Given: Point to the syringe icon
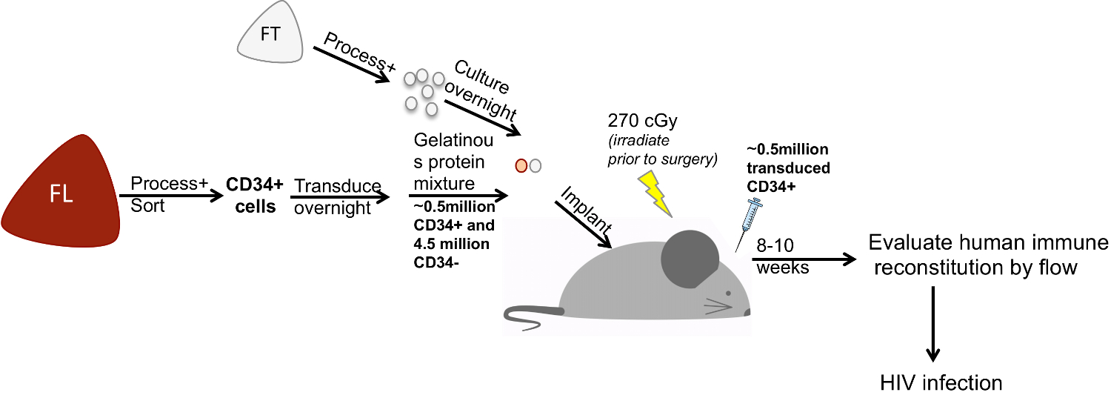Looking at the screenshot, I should [750, 222].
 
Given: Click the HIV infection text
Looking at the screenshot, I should [940, 382].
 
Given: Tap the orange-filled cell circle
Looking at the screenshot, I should [521, 165].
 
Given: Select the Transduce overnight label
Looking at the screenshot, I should [336, 197].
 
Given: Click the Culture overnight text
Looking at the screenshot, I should [485, 90].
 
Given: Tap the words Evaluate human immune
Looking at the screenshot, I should [988, 244].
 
